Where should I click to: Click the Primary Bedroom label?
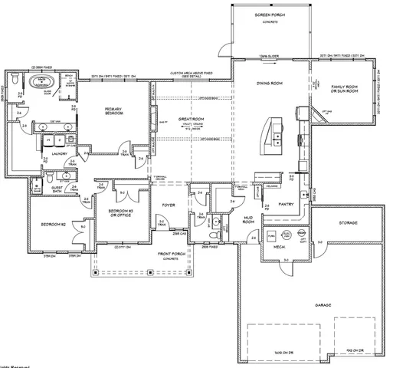pyautogui.click(x=114, y=112)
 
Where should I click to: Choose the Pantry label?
pyautogui.click(x=288, y=205)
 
